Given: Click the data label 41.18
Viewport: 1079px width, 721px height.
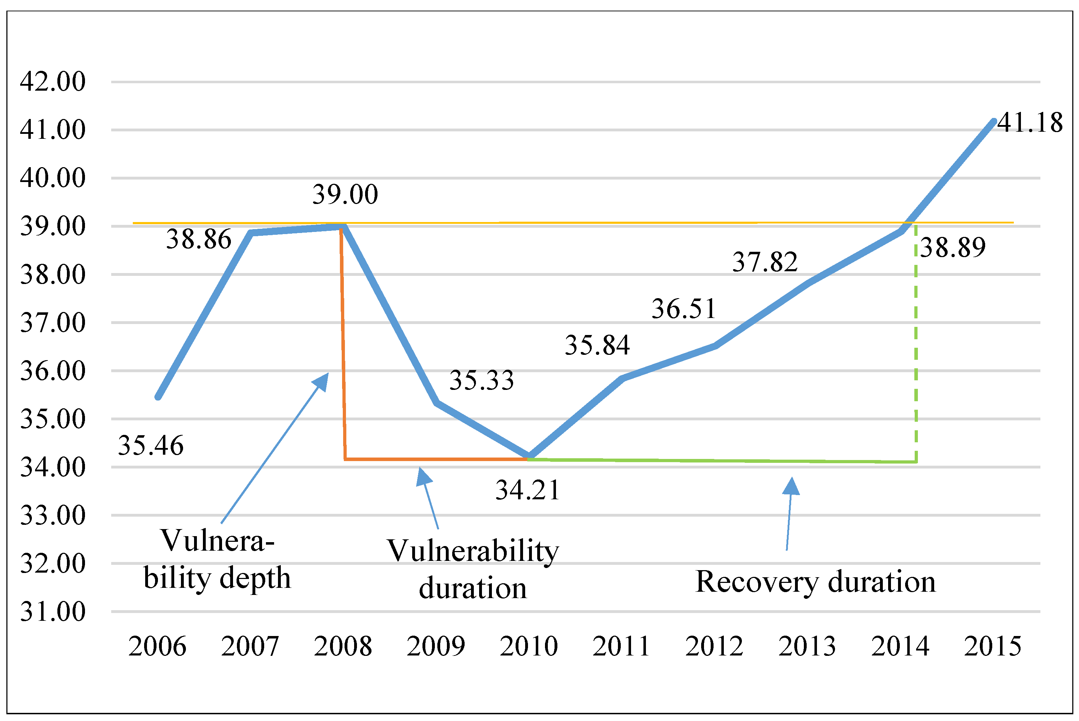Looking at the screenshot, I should [1029, 123].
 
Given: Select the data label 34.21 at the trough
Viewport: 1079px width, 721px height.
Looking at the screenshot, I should [528, 490].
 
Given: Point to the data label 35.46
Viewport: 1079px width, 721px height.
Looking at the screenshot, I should [151, 445].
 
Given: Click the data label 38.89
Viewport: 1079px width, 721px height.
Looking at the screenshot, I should [953, 248].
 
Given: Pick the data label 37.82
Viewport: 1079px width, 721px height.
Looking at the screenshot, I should [765, 262].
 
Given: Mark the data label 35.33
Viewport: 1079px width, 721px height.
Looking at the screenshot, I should [481, 380].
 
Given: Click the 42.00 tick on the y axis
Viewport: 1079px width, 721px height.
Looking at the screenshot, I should [53, 82].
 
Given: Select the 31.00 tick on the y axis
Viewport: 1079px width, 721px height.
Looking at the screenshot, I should [53, 612].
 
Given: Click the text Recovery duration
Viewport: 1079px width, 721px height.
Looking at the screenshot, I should [816, 582].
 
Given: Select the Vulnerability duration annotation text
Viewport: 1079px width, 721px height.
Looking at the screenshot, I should [473, 569].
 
